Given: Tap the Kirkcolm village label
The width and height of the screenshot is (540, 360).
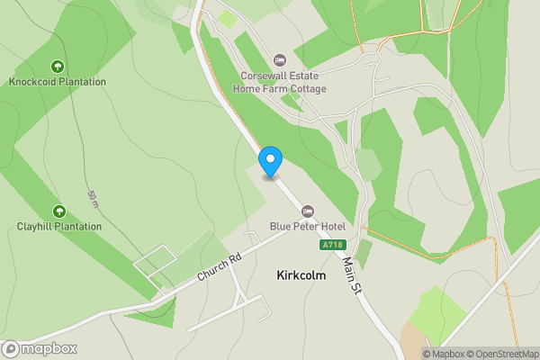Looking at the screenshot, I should [x=301, y=276].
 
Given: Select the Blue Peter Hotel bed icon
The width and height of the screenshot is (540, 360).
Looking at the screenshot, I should [x=308, y=210].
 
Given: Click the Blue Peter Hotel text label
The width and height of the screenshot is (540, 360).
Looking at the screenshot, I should [x=308, y=226].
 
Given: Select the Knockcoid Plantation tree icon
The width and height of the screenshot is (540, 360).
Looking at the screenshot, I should [x=58, y=66].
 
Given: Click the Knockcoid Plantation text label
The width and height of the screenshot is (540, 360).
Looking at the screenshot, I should [x=58, y=82].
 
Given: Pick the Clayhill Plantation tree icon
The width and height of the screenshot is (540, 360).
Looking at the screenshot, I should [x=59, y=211].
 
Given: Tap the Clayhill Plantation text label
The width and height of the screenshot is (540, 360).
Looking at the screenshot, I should [x=59, y=227].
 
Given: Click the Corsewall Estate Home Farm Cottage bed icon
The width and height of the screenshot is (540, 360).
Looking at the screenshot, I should [x=279, y=60].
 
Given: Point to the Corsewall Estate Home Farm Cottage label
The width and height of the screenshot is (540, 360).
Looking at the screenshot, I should [x=279, y=83].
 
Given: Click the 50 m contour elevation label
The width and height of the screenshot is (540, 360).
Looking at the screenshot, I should [x=93, y=198].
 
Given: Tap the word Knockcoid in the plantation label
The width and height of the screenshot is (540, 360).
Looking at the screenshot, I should [x=33, y=82].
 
